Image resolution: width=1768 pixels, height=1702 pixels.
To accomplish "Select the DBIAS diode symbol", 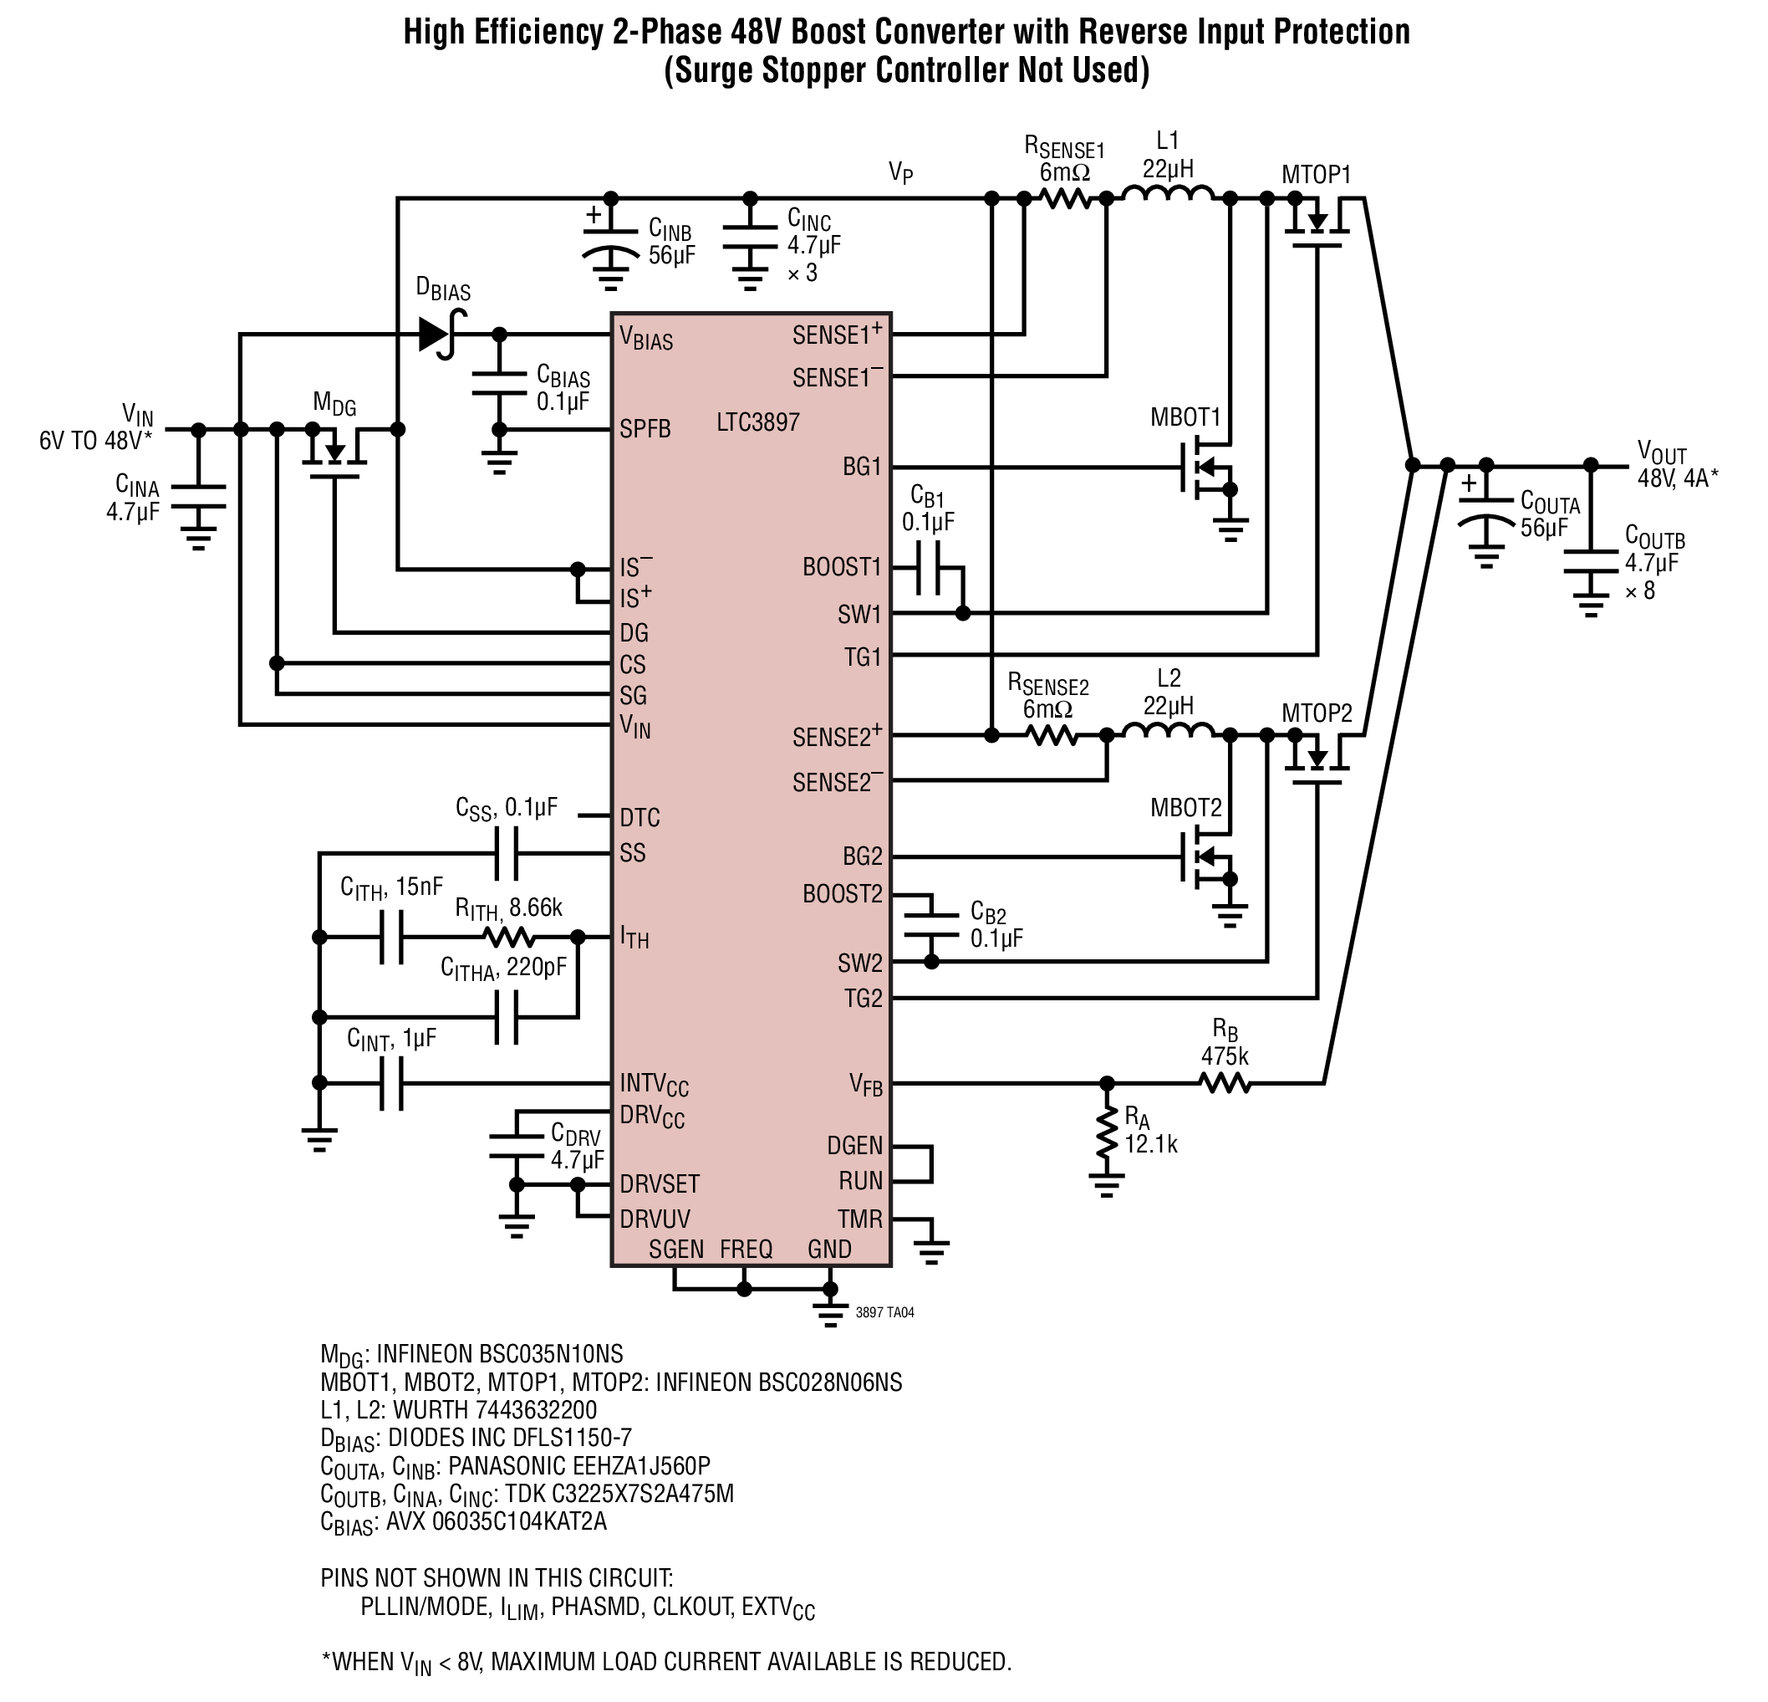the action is (443, 335).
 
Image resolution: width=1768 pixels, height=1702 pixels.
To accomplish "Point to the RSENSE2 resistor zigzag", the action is (1052, 735).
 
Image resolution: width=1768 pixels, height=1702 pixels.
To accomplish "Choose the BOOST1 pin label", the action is (842, 568).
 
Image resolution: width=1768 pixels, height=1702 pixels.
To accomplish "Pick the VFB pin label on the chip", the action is (866, 1085).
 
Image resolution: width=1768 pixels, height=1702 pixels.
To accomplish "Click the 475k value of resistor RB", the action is (1224, 1055).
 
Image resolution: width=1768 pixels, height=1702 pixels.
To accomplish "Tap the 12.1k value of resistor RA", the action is (1151, 1144).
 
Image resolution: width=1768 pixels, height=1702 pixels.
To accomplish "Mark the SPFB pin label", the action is (645, 430).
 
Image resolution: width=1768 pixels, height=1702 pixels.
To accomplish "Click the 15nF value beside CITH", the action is (420, 887).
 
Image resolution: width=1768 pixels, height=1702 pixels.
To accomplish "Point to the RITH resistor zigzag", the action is (509, 938).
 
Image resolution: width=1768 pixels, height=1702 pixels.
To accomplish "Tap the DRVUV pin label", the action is (655, 1219).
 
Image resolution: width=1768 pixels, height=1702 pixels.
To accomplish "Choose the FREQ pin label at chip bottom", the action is (746, 1249).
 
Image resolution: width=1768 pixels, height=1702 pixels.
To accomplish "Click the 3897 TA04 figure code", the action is (885, 1312).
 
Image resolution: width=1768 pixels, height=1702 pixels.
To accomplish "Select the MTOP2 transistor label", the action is (1317, 713).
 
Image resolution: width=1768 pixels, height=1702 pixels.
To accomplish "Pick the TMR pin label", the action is (859, 1219).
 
